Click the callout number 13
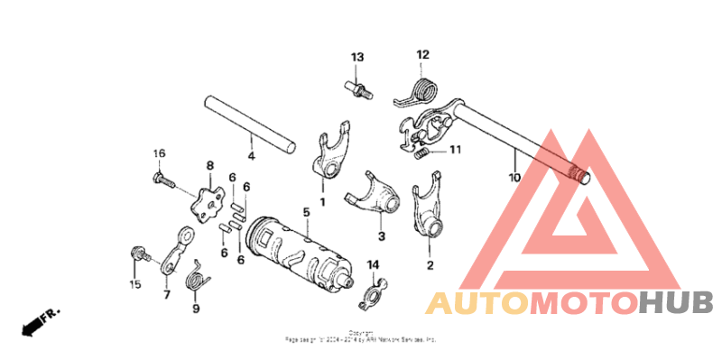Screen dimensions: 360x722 click(x=357, y=58)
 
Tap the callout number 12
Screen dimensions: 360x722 click(x=422, y=54)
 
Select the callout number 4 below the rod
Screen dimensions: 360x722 click(x=251, y=156)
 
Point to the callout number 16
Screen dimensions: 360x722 click(x=159, y=153)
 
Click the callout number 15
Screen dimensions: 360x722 click(x=134, y=285)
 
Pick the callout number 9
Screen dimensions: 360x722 click(x=195, y=309)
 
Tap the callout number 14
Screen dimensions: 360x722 click(x=373, y=263)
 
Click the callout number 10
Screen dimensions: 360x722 click(x=514, y=178)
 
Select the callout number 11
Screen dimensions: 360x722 click(x=456, y=150)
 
